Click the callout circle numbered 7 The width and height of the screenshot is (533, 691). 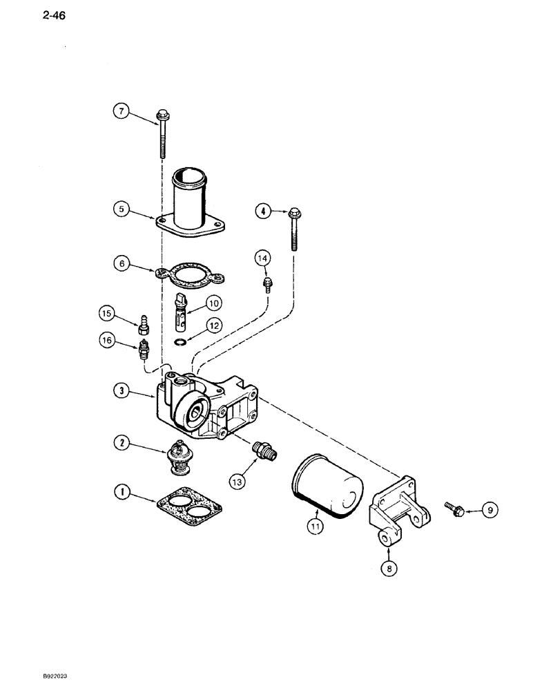(x=122, y=111)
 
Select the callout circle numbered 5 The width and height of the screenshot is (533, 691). (x=122, y=208)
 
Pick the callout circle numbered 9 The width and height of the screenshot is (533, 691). (x=490, y=511)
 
